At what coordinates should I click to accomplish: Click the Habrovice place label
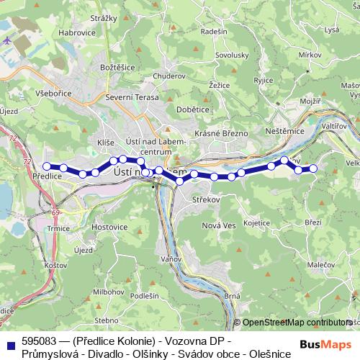pos(77,32)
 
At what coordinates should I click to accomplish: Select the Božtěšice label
pos(117,67)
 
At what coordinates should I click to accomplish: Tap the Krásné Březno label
pos(222,134)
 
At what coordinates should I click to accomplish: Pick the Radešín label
pos(215,31)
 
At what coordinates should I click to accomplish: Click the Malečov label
pos(320,265)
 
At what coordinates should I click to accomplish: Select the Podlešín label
pos(145,295)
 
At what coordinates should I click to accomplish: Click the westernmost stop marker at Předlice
pos(47,166)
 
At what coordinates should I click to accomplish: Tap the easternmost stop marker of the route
pos(313,168)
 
